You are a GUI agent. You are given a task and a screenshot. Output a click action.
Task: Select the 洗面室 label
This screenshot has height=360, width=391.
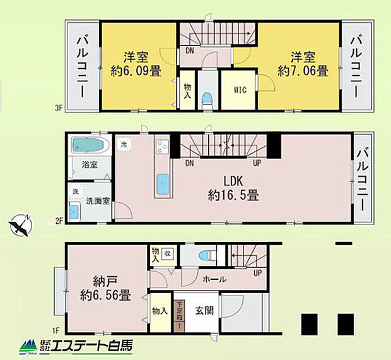tap(98, 201)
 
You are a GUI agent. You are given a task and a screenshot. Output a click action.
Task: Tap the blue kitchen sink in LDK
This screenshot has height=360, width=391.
tap(163, 184)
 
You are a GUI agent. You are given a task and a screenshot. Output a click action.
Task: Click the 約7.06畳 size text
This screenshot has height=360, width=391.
tap(305, 71)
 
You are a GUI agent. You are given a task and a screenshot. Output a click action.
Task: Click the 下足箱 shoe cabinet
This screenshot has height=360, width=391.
tap(179, 315)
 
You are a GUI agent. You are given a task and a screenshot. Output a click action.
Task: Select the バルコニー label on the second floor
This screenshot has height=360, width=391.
tap(363, 178)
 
